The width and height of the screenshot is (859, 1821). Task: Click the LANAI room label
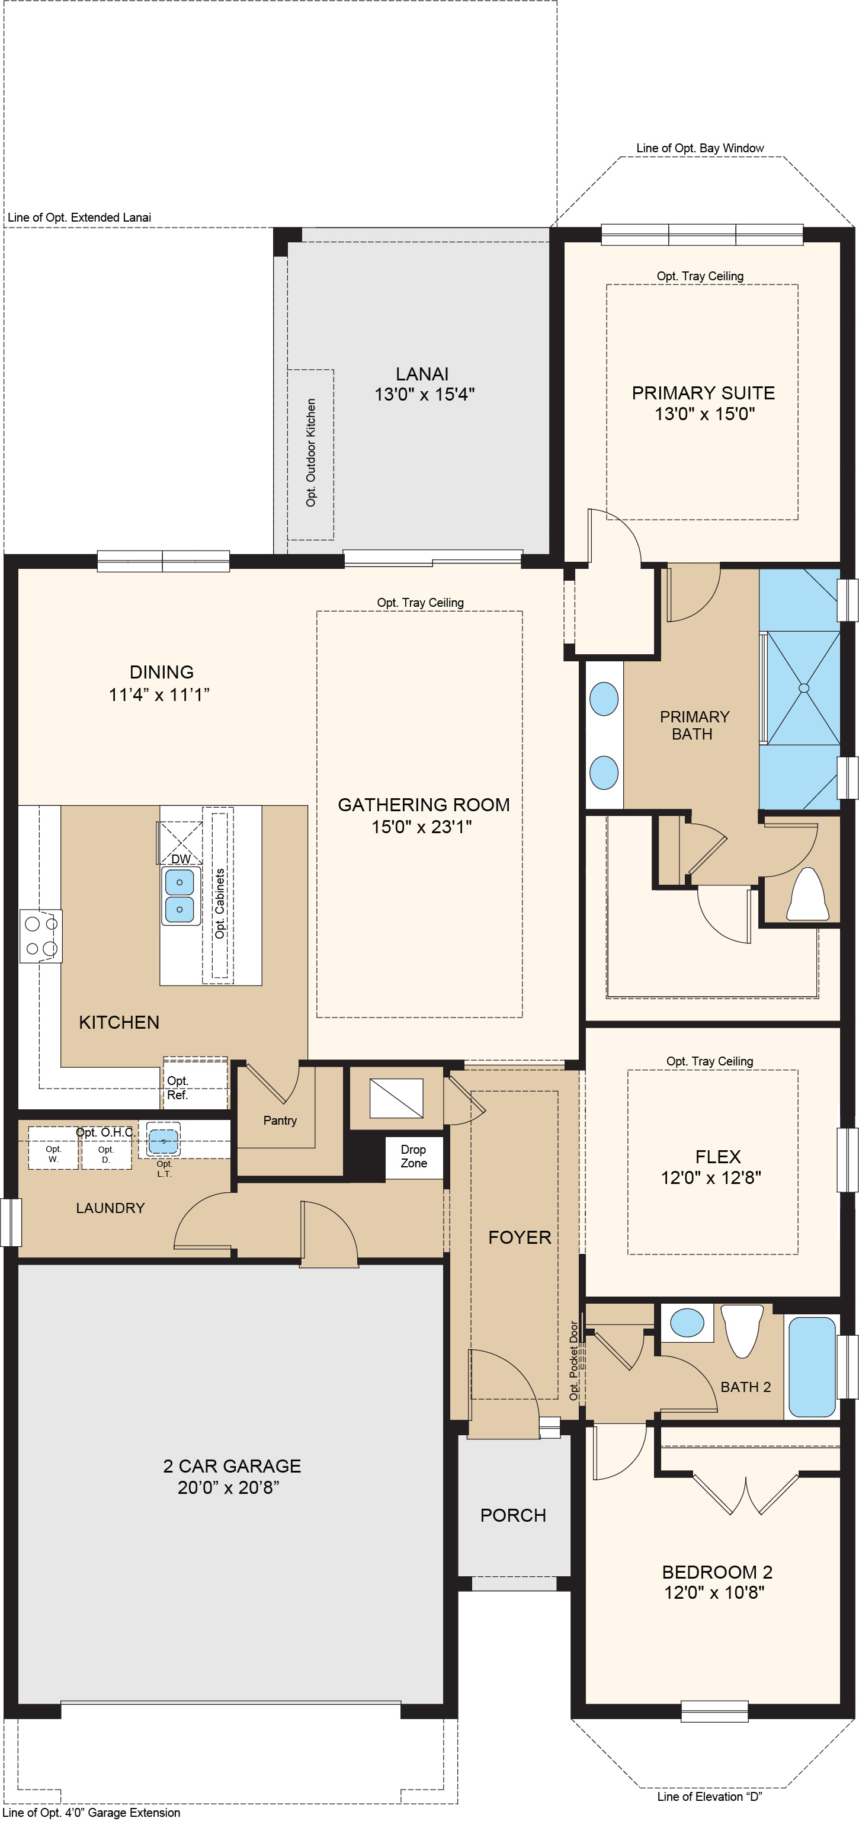pos(422,374)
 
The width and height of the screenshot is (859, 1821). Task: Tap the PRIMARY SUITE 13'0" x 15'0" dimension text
pos(704,414)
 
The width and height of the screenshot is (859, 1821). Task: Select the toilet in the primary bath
pos(807,895)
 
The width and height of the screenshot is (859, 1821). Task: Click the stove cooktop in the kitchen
pos(41,936)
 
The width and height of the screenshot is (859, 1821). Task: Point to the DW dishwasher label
pos(181,859)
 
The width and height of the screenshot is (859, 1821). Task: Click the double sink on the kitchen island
pos(180,895)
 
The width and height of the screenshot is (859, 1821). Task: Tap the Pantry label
pos(280,1121)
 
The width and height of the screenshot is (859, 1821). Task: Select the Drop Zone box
pos(414,1157)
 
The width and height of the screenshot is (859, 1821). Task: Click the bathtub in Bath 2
pos(812,1366)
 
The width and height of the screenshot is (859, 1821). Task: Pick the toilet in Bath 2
pos(742,1329)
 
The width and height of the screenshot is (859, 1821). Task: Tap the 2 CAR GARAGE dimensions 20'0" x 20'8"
pos(228,1487)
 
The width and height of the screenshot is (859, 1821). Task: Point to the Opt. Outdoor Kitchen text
pos(311,452)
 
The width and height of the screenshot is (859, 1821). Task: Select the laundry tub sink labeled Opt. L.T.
pos(164,1140)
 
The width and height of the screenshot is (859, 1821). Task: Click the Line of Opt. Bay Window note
pos(700,148)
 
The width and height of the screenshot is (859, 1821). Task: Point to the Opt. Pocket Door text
pos(574,1361)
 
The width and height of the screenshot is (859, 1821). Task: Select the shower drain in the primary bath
pos(803,688)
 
